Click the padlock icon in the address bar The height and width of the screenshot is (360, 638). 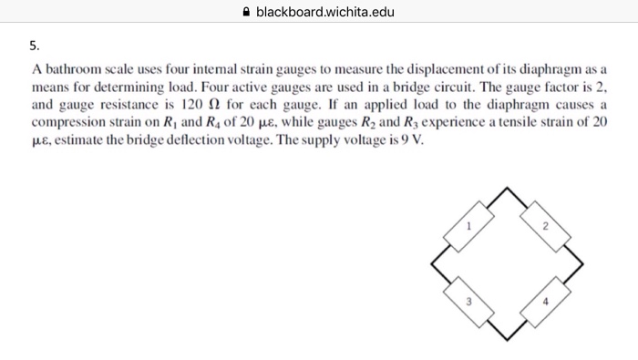click(246, 12)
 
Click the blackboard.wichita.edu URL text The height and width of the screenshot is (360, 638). click(325, 12)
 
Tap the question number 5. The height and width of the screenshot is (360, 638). click(35, 46)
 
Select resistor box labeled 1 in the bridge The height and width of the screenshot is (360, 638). click(468, 227)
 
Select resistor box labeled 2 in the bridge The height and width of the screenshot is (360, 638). click(545, 227)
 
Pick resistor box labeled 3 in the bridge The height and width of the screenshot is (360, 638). click(468, 303)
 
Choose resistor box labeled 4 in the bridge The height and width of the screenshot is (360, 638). click(545, 303)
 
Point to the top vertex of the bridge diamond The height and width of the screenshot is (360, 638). click(507, 188)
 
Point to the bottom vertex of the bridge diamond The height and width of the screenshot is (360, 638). click(507, 340)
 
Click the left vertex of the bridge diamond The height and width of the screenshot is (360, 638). click(432, 264)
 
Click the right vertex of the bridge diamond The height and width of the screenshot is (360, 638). click(582, 264)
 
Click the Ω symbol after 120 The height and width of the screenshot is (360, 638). click(214, 105)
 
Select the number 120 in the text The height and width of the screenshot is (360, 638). click(191, 105)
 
